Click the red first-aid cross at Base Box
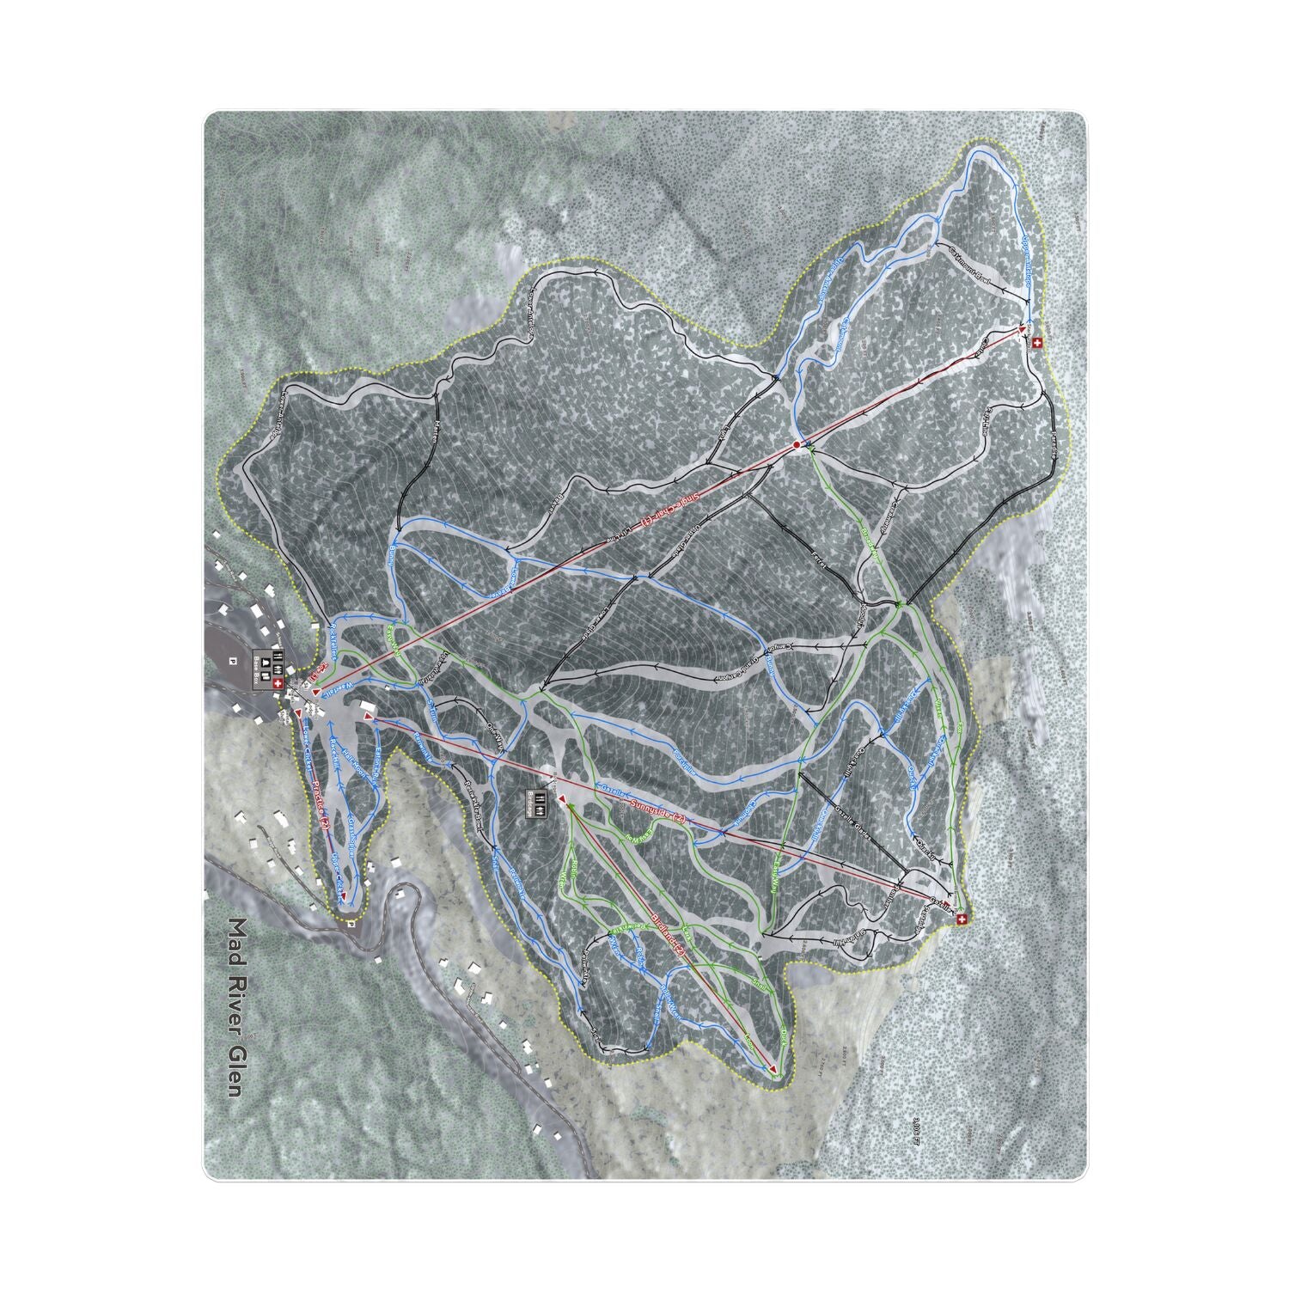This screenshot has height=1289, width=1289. pos(276,684)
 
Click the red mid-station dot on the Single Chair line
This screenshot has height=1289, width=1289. pos(797,444)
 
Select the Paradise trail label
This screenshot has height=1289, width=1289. pos(1053,438)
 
